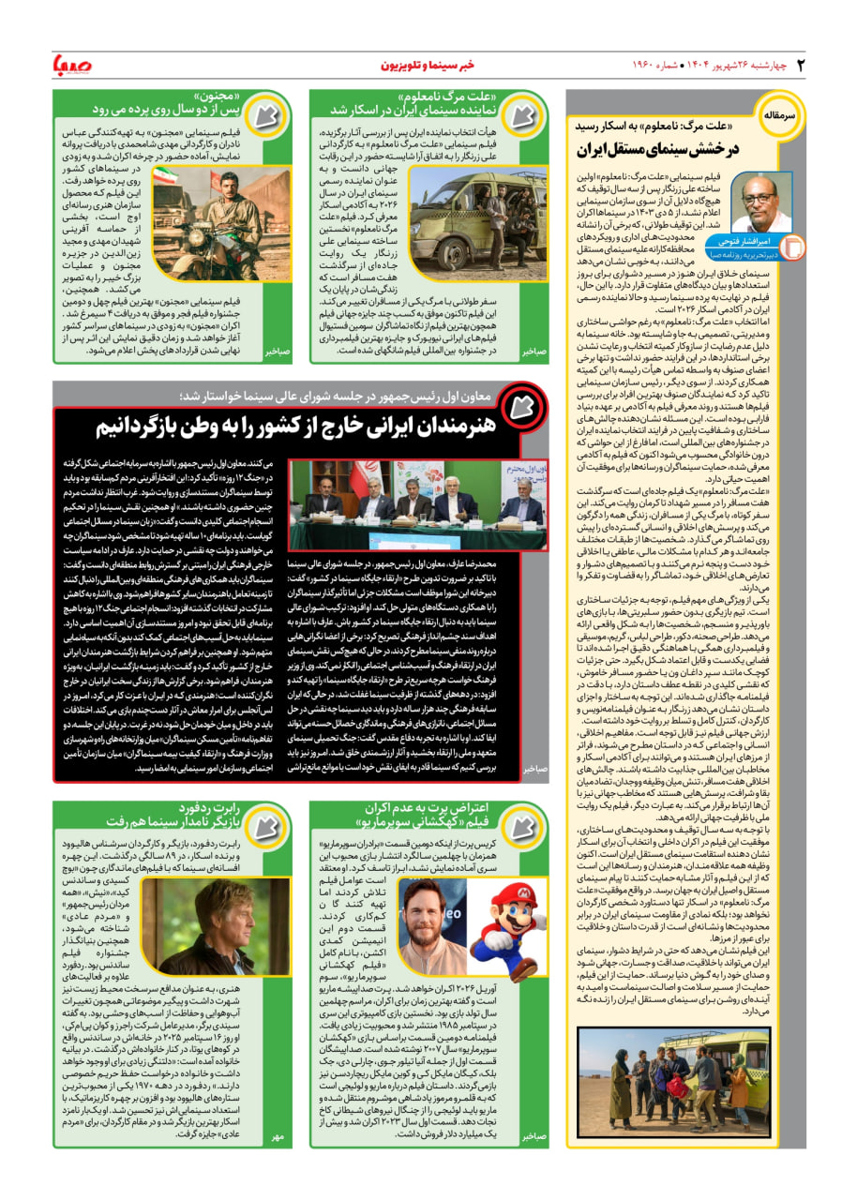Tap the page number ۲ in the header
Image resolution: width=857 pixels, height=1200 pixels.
pyautogui.click(x=801, y=65)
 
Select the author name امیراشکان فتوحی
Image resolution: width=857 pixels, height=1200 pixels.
pyautogui.click(x=748, y=242)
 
